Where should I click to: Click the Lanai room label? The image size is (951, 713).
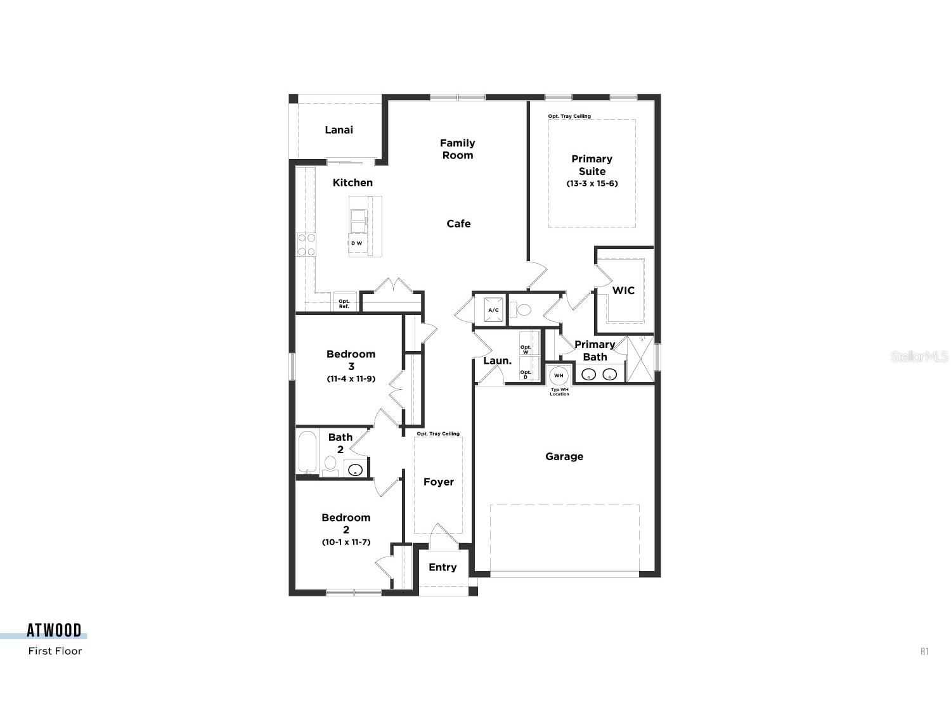339,130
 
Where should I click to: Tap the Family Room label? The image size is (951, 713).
457,149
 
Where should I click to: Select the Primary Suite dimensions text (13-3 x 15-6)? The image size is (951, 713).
592,184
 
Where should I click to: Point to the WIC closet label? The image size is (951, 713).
623,290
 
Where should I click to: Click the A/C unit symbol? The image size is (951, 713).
493,310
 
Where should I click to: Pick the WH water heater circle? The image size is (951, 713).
559,375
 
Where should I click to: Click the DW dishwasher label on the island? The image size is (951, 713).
357,243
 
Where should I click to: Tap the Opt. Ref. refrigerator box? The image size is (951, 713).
344,304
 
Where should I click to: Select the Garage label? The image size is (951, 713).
564,456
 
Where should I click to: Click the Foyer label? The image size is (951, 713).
439,482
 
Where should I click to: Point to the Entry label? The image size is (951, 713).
443,567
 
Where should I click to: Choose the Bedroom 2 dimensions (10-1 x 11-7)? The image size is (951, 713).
346,543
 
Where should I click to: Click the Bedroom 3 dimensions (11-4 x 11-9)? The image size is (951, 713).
351,379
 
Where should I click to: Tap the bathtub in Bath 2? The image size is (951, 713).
307,452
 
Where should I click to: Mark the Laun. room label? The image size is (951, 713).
497,361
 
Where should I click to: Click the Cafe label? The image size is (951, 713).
458,224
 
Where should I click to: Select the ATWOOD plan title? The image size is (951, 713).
54,630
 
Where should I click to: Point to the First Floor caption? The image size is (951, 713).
55,651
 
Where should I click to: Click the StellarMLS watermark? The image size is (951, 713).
919,356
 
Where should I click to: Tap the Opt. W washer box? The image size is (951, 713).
526,349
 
